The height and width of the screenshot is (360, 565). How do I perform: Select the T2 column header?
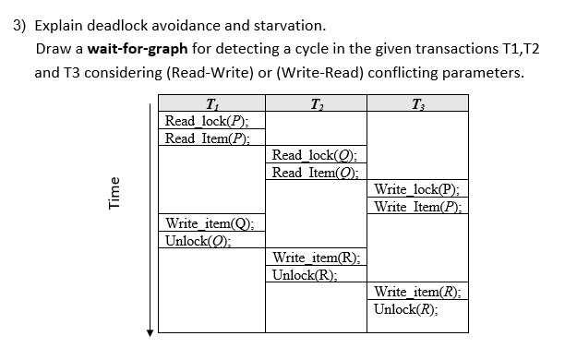(x=316, y=102)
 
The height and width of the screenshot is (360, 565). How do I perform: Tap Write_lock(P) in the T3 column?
(x=415, y=189)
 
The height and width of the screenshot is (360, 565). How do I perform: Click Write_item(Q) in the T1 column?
(x=209, y=223)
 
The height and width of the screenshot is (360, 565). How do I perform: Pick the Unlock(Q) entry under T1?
(x=197, y=241)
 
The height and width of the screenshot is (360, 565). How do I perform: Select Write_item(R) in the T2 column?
(x=317, y=258)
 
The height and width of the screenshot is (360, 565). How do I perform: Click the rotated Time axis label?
(x=114, y=219)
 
